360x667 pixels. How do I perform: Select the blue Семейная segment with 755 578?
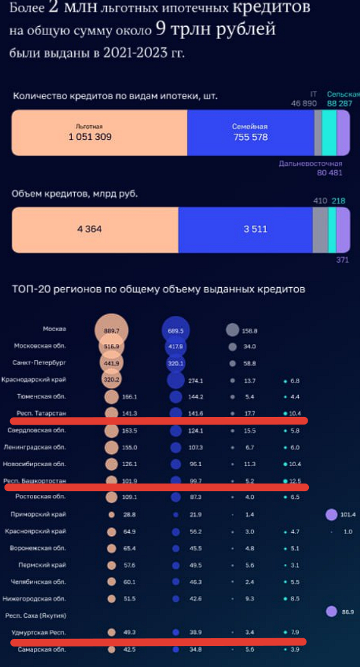coord(249,132)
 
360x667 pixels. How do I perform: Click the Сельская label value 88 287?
coord(343,103)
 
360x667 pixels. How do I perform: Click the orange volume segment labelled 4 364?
coord(89,229)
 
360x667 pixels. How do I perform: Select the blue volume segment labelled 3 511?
coord(254,229)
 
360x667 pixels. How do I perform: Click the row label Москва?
coord(54,329)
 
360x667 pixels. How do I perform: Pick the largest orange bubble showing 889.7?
coord(112,331)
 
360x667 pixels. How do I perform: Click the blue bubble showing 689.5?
coord(175,331)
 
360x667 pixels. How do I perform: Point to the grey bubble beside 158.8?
coord(232,330)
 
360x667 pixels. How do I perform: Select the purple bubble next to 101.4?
coord(331,514)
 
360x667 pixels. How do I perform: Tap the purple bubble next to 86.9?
coord(331,611)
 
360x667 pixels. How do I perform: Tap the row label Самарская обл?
coord(43,649)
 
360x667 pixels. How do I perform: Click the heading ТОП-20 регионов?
coord(158,290)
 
